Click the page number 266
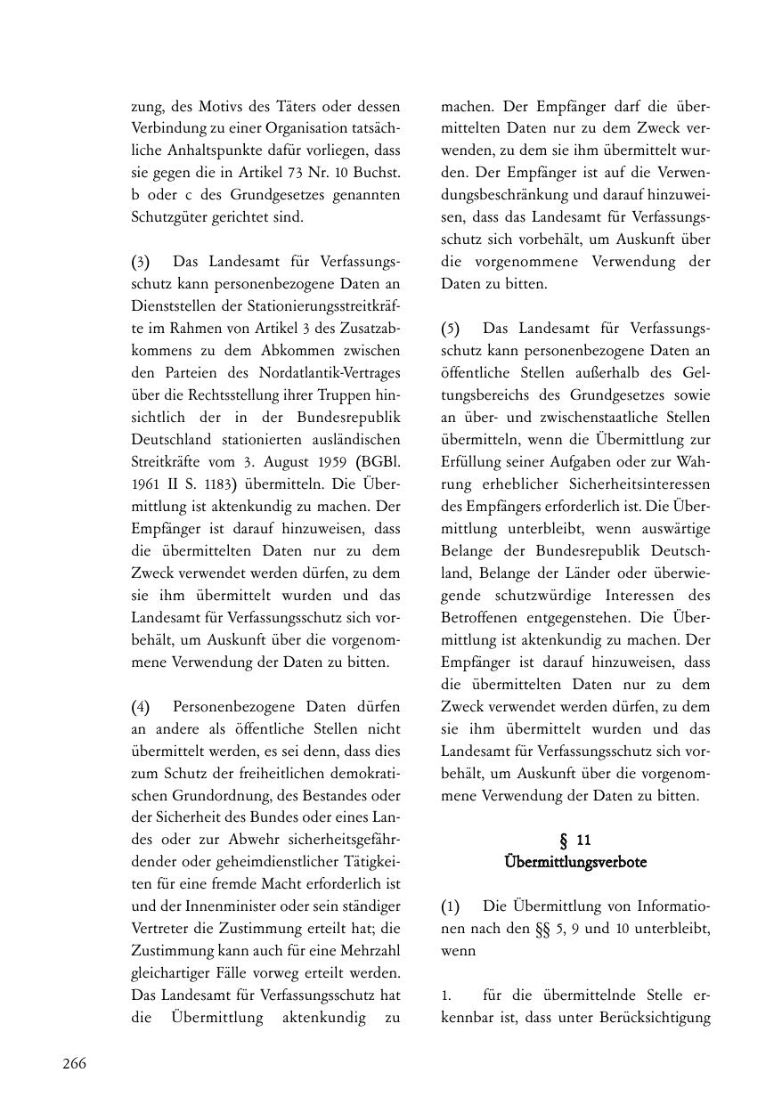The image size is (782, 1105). (x=74, y=1063)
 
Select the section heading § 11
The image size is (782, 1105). (x=574, y=840)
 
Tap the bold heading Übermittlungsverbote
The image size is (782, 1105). (x=574, y=862)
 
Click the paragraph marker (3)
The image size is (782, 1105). (x=141, y=262)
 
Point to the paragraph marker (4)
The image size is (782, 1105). (x=141, y=707)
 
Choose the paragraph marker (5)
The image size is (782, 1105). (x=451, y=329)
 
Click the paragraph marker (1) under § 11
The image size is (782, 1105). (x=451, y=906)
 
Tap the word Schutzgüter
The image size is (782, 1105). (x=169, y=217)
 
